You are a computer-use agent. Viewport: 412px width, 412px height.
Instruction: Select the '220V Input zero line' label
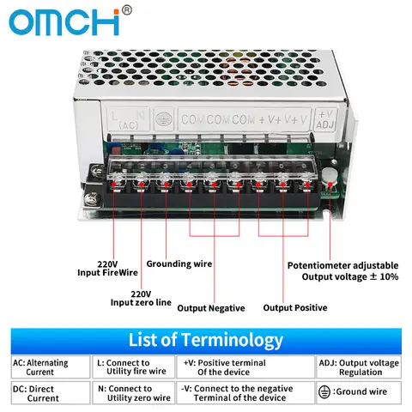pyautogui.click(x=142, y=297)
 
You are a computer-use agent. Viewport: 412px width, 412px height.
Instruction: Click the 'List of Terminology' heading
pyautogui.click(x=205, y=340)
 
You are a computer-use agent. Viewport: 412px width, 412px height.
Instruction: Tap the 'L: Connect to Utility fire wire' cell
pyautogui.click(x=133, y=367)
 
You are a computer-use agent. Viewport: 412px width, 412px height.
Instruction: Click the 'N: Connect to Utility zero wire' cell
pyautogui.click(x=133, y=393)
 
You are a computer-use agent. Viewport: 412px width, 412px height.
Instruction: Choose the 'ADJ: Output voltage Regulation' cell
pyautogui.click(x=360, y=367)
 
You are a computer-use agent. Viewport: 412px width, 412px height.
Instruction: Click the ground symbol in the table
pyautogui.click(x=324, y=392)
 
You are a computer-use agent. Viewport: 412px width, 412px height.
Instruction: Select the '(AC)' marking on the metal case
pyautogui.click(x=129, y=125)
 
